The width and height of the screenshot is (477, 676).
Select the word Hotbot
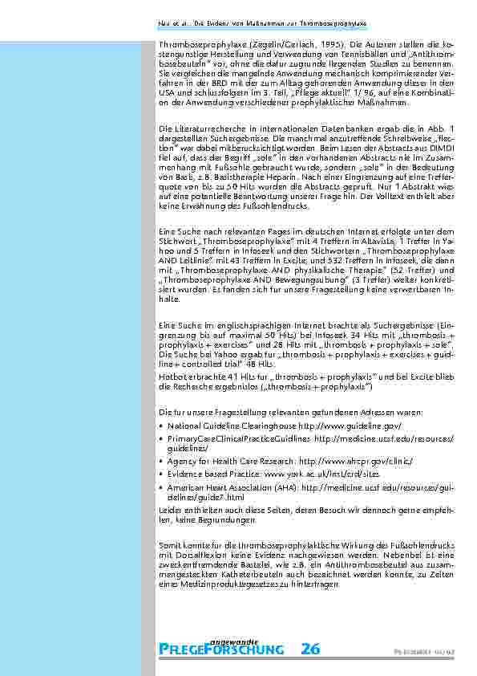pyautogui.click(x=173, y=377)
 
